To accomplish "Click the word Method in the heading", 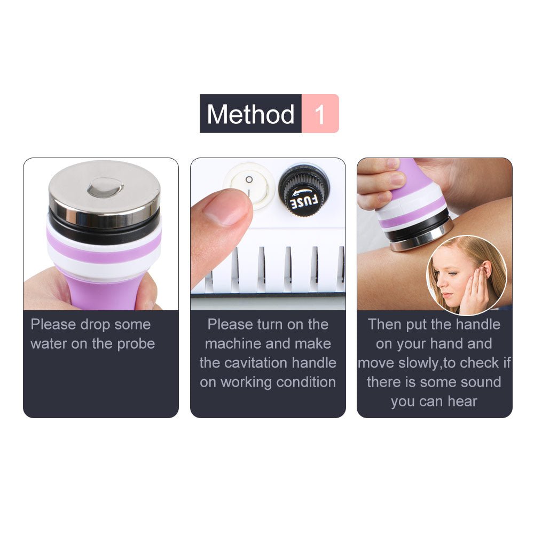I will [x=250, y=114].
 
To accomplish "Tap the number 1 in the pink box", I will [x=320, y=114].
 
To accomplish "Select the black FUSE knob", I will [x=304, y=189].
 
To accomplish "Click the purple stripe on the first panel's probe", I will [x=104, y=251].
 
